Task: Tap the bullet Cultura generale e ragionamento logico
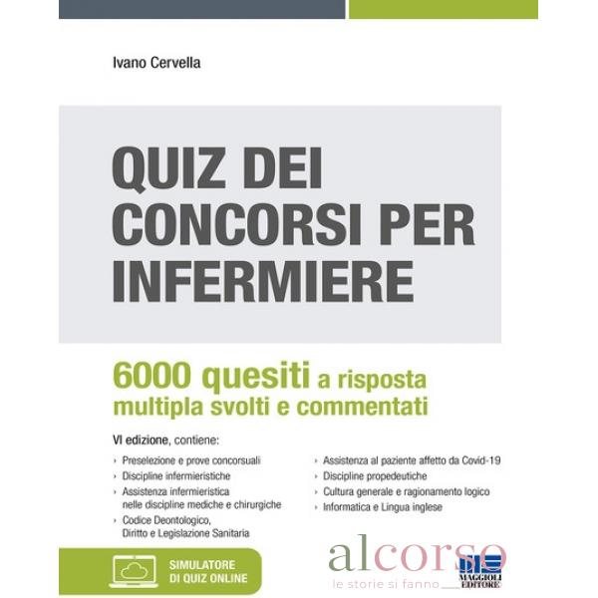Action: click(406, 492)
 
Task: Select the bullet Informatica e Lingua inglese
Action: click(382, 507)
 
